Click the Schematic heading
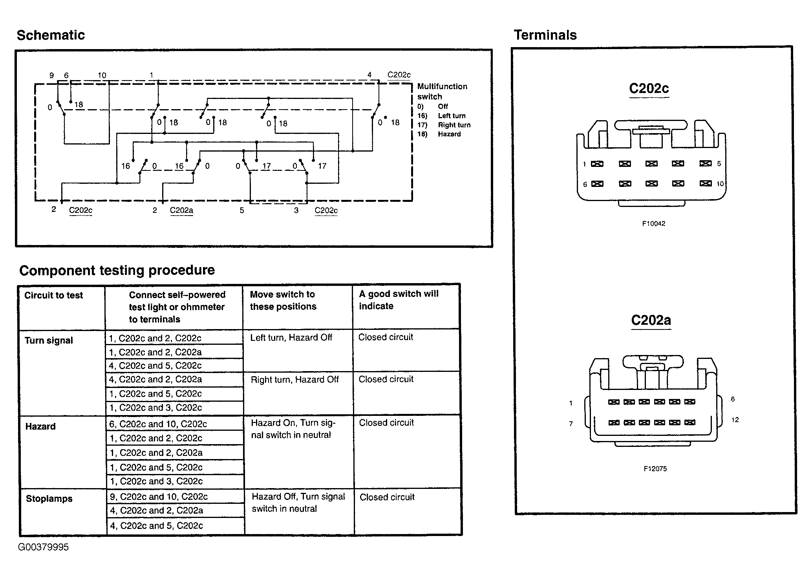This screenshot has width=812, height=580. click(x=51, y=35)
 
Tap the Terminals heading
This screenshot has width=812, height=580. click(x=545, y=35)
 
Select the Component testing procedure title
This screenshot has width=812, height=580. click(x=117, y=270)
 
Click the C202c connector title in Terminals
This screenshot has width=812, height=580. click(x=649, y=88)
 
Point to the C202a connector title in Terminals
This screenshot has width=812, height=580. click(x=651, y=320)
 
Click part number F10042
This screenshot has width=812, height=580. click(x=653, y=224)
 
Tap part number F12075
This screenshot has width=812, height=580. click(x=655, y=469)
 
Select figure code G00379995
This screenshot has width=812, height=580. click(x=43, y=547)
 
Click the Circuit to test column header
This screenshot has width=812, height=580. click(x=53, y=295)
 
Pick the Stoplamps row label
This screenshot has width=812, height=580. click(x=49, y=499)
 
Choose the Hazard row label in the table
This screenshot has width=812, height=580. click(x=40, y=426)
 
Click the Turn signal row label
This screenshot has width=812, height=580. click(x=49, y=340)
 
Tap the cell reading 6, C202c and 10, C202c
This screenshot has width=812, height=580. click(x=158, y=424)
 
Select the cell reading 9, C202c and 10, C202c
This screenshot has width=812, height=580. click(x=159, y=497)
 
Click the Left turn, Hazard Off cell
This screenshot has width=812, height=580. click(x=291, y=338)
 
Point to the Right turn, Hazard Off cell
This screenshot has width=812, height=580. click(x=294, y=380)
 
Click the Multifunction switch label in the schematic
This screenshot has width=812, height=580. click(x=442, y=91)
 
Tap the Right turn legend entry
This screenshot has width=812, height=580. click(x=454, y=125)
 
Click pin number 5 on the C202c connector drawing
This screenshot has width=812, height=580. click(x=719, y=164)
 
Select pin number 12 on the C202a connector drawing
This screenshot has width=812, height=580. click(x=735, y=420)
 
